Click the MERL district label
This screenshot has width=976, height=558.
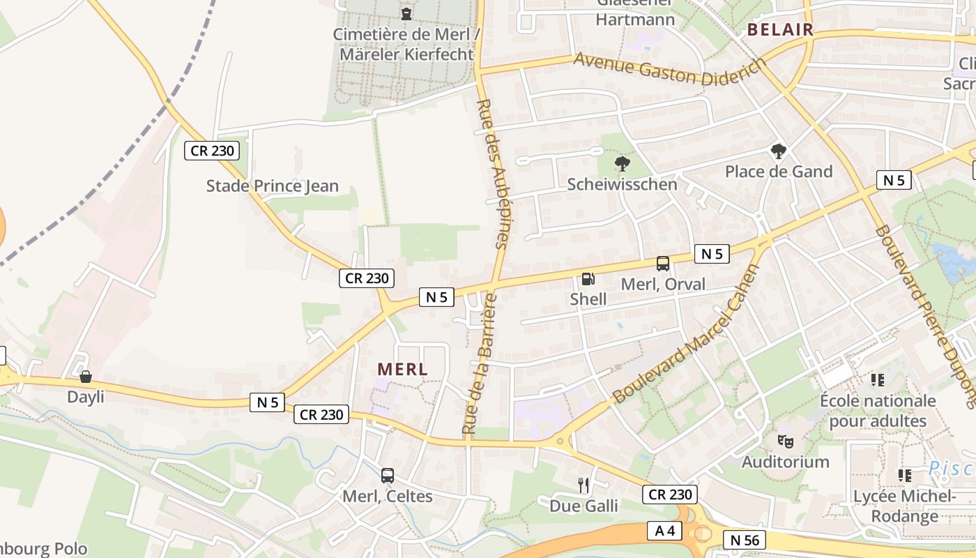[402, 370]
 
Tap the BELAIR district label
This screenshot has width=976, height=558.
[780, 29]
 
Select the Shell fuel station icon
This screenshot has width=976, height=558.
[588, 279]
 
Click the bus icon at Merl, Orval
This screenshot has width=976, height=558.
[662, 264]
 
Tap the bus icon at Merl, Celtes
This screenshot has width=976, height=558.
[388, 476]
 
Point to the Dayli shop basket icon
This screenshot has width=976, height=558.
[85, 377]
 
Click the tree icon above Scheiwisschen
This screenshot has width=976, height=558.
[622, 164]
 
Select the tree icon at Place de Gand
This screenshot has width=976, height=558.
[779, 151]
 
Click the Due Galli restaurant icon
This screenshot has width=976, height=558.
[584, 485]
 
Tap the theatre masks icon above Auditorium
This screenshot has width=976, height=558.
[785, 441]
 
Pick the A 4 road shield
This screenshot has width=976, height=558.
[665, 531]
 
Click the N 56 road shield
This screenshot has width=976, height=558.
[744, 539]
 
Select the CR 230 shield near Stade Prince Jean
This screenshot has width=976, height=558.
[212, 151]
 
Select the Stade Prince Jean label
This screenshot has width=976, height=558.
[272, 186]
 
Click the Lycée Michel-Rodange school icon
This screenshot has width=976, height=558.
[905, 476]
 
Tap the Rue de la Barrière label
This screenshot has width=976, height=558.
[480, 364]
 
